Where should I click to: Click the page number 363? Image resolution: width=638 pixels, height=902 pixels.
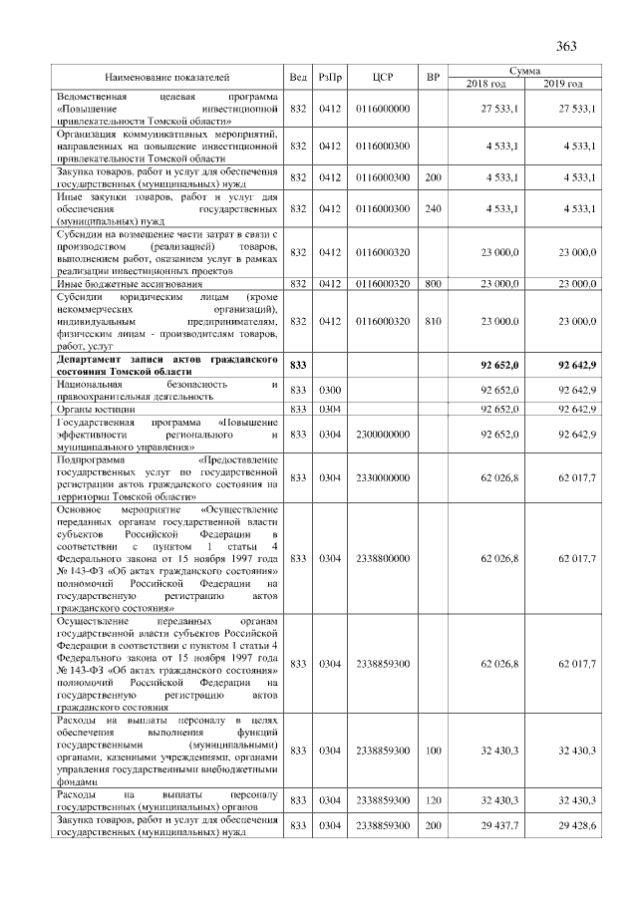pos(566,46)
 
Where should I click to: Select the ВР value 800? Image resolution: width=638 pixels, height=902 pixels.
pos(432,284)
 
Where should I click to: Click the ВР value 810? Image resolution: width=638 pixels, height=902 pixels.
pos(432,321)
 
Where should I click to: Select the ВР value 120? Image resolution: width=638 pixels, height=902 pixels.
pos(432,799)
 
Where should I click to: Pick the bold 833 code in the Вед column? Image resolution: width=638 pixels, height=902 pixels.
pos(297,366)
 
